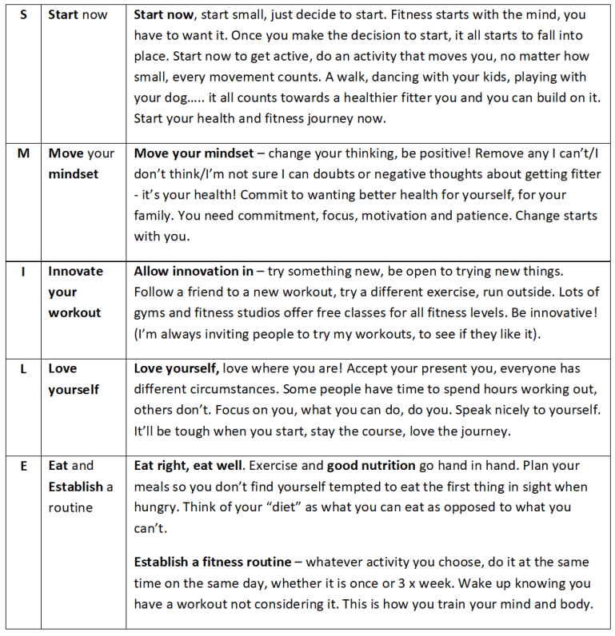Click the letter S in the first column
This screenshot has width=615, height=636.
(x=23, y=15)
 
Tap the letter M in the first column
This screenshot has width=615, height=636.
(x=23, y=153)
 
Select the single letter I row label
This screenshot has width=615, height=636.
(x=23, y=272)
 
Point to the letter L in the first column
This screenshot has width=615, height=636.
(x=23, y=369)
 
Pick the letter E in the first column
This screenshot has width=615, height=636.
(x=23, y=466)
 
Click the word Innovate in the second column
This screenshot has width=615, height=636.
(x=75, y=272)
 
